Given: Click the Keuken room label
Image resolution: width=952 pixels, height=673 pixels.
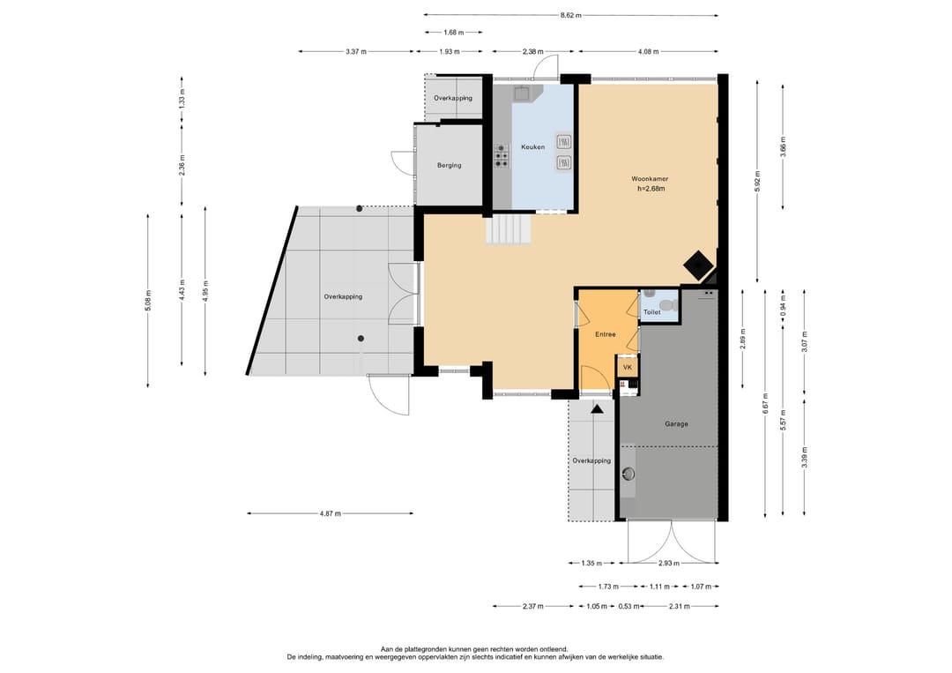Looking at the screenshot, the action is (x=532, y=147).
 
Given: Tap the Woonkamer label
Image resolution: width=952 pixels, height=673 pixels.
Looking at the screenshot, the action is (x=650, y=179).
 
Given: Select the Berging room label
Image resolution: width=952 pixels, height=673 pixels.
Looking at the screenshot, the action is (x=450, y=165).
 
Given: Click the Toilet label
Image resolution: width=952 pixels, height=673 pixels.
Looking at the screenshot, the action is (x=652, y=312).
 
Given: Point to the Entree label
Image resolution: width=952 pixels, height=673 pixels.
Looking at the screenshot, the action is (x=606, y=334).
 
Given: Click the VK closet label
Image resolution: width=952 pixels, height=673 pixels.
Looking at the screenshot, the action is (x=628, y=368).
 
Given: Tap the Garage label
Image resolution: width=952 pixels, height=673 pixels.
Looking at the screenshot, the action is (x=676, y=424).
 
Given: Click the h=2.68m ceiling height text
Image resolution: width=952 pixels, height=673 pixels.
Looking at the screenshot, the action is (x=651, y=189).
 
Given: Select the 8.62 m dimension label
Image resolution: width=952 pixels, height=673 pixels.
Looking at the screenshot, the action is (x=570, y=15).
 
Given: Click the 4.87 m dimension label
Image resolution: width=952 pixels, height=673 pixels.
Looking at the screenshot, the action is (x=331, y=514).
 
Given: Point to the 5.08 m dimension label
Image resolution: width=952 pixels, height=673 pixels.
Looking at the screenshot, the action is (x=148, y=301).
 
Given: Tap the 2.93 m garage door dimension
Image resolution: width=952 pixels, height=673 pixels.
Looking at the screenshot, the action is (x=669, y=564).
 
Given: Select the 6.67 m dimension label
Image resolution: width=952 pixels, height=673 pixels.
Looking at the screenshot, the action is (x=766, y=404).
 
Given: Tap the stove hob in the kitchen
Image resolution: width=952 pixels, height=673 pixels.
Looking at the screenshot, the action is (x=502, y=155).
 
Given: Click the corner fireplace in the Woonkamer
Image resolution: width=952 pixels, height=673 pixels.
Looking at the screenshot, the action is (x=697, y=265).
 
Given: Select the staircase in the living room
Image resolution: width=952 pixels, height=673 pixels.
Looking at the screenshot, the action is (x=509, y=231).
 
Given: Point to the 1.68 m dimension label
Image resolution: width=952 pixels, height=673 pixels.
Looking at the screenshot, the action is (x=454, y=32).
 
